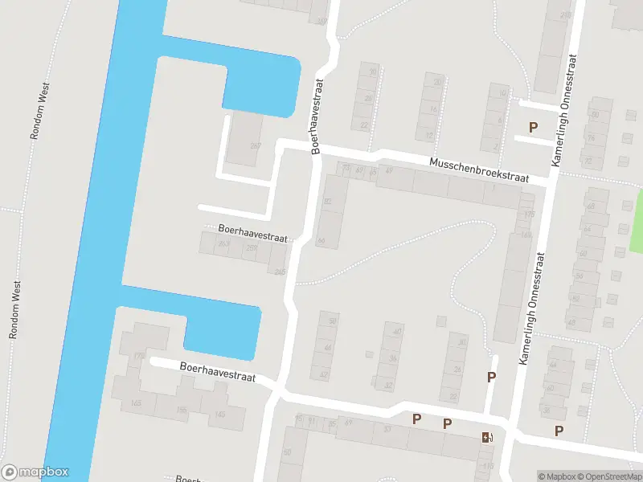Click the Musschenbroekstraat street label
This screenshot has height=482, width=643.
click(x=480, y=170)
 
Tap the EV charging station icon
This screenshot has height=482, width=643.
click(x=486, y=437)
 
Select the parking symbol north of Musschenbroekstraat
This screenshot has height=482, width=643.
click(x=532, y=127)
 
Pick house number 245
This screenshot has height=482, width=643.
click(x=280, y=272)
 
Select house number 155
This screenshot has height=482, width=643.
click(x=182, y=410)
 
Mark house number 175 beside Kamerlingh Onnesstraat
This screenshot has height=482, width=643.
click(x=528, y=214)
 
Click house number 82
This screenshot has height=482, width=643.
click(x=327, y=202)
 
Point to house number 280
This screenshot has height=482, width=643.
click(x=566, y=15)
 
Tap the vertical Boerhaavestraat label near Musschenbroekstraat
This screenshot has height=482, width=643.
click(x=317, y=115)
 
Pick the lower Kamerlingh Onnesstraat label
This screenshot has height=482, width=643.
click(x=531, y=309)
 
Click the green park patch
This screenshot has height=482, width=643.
click(x=634, y=221)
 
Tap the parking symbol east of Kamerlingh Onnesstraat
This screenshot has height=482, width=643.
click(x=559, y=431)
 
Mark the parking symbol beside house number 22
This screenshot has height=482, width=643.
click(x=491, y=377)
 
